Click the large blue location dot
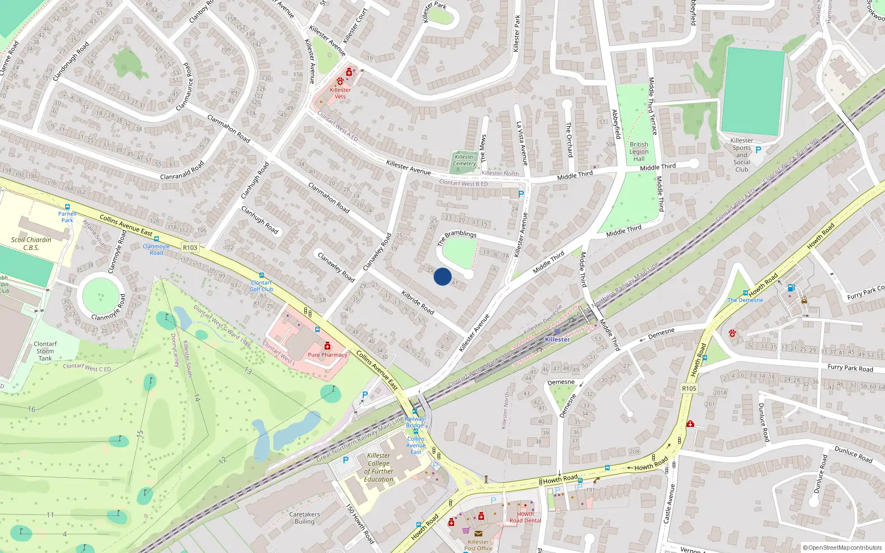click(x=442, y=276)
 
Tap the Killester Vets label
click(x=340, y=93)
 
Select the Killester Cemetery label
click(x=465, y=160)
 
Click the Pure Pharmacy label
click(x=327, y=354)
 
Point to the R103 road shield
click(x=190, y=248)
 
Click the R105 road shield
click(x=689, y=388)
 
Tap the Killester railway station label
click(x=557, y=340)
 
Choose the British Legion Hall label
click(x=639, y=152)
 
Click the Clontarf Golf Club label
click(x=261, y=286)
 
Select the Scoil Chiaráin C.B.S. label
click(x=31, y=244)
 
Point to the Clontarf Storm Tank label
click(x=45, y=351)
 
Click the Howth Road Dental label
click(x=525, y=517)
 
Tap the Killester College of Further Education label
click(x=379, y=467)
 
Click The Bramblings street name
click(x=457, y=237)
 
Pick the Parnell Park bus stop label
click(x=67, y=217)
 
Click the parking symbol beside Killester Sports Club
click(x=758, y=150)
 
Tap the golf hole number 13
click(x=248, y=371)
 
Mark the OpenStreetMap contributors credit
click(x=842, y=547)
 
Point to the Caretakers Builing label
click(x=304, y=518)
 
